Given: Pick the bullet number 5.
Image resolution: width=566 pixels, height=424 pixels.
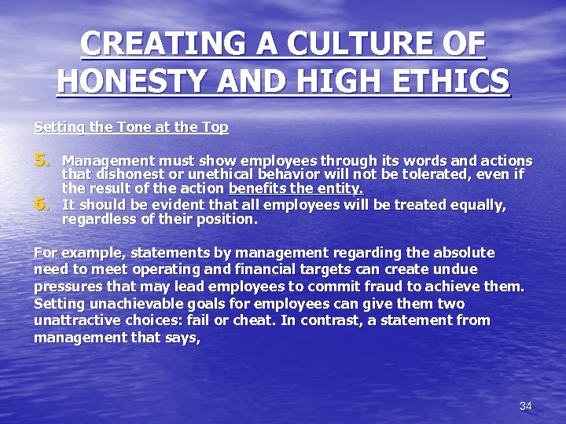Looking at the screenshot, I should [42, 160].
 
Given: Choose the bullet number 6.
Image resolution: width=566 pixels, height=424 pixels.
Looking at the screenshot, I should [42, 205].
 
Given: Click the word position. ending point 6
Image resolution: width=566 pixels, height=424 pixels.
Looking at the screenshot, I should [228, 220].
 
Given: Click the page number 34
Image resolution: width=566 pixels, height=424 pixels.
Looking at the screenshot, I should [526, 406].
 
